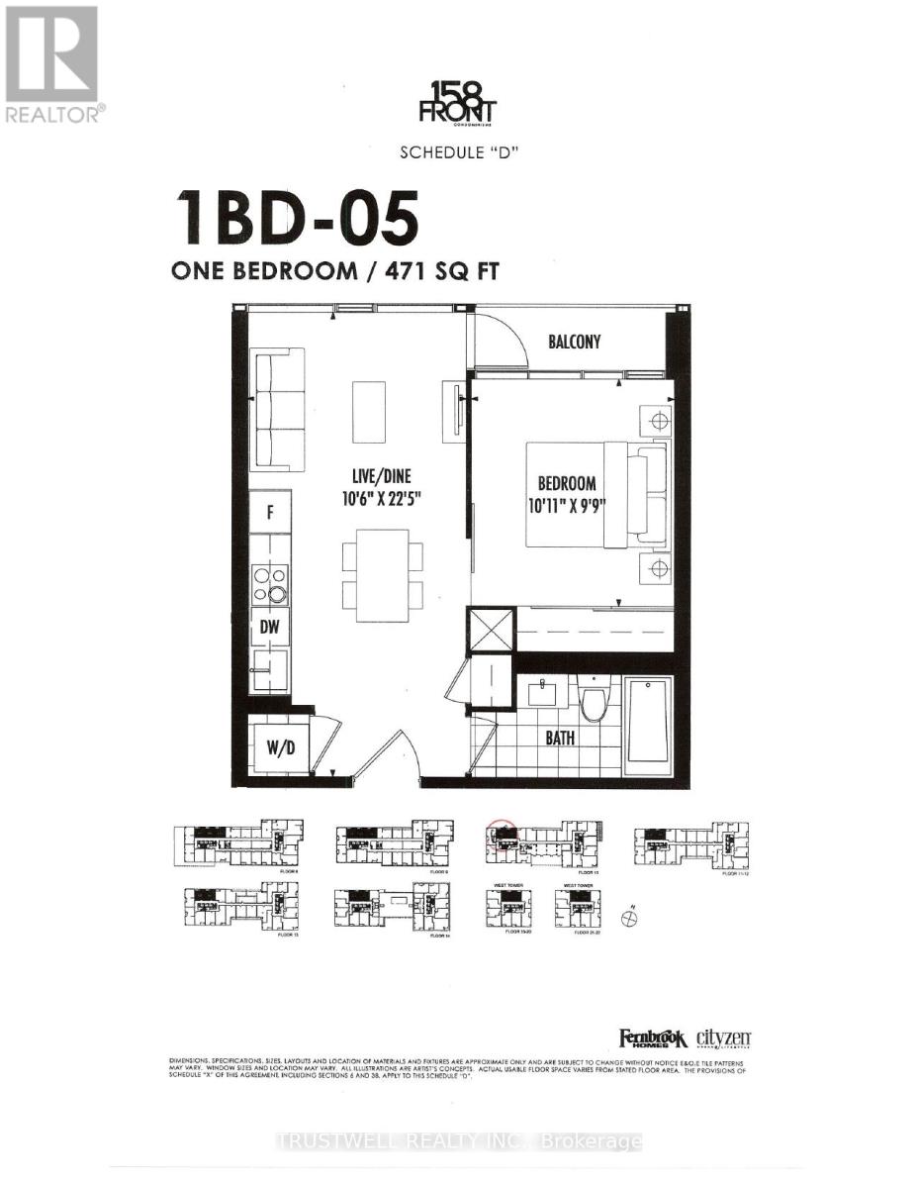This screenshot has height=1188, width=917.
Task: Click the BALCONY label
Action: [x=575, y=342]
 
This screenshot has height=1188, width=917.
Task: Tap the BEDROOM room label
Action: [x=567, y=484]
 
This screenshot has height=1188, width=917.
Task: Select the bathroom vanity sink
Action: [x=542, y=691]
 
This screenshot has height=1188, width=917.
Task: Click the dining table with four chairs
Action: [x=383, y=569]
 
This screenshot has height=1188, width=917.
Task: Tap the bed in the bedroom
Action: [x=588, y=494]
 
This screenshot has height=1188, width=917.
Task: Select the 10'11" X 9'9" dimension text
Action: [x=567, y=505]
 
